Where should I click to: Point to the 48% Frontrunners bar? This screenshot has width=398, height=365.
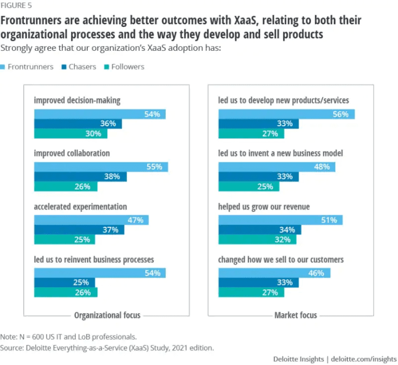coord(277,167)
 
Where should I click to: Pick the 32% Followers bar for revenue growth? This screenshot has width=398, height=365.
coord(257,240)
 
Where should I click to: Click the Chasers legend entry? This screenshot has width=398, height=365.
coord(81,67)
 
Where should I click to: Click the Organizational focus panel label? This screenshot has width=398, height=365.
coord(107,315)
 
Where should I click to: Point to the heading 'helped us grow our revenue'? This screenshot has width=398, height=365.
coord(264,207)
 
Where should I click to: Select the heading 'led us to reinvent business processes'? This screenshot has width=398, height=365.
coord(94,259)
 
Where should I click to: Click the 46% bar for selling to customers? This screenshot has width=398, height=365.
coord(274,273)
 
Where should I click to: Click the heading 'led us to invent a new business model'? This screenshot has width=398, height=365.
coord(280,153)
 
